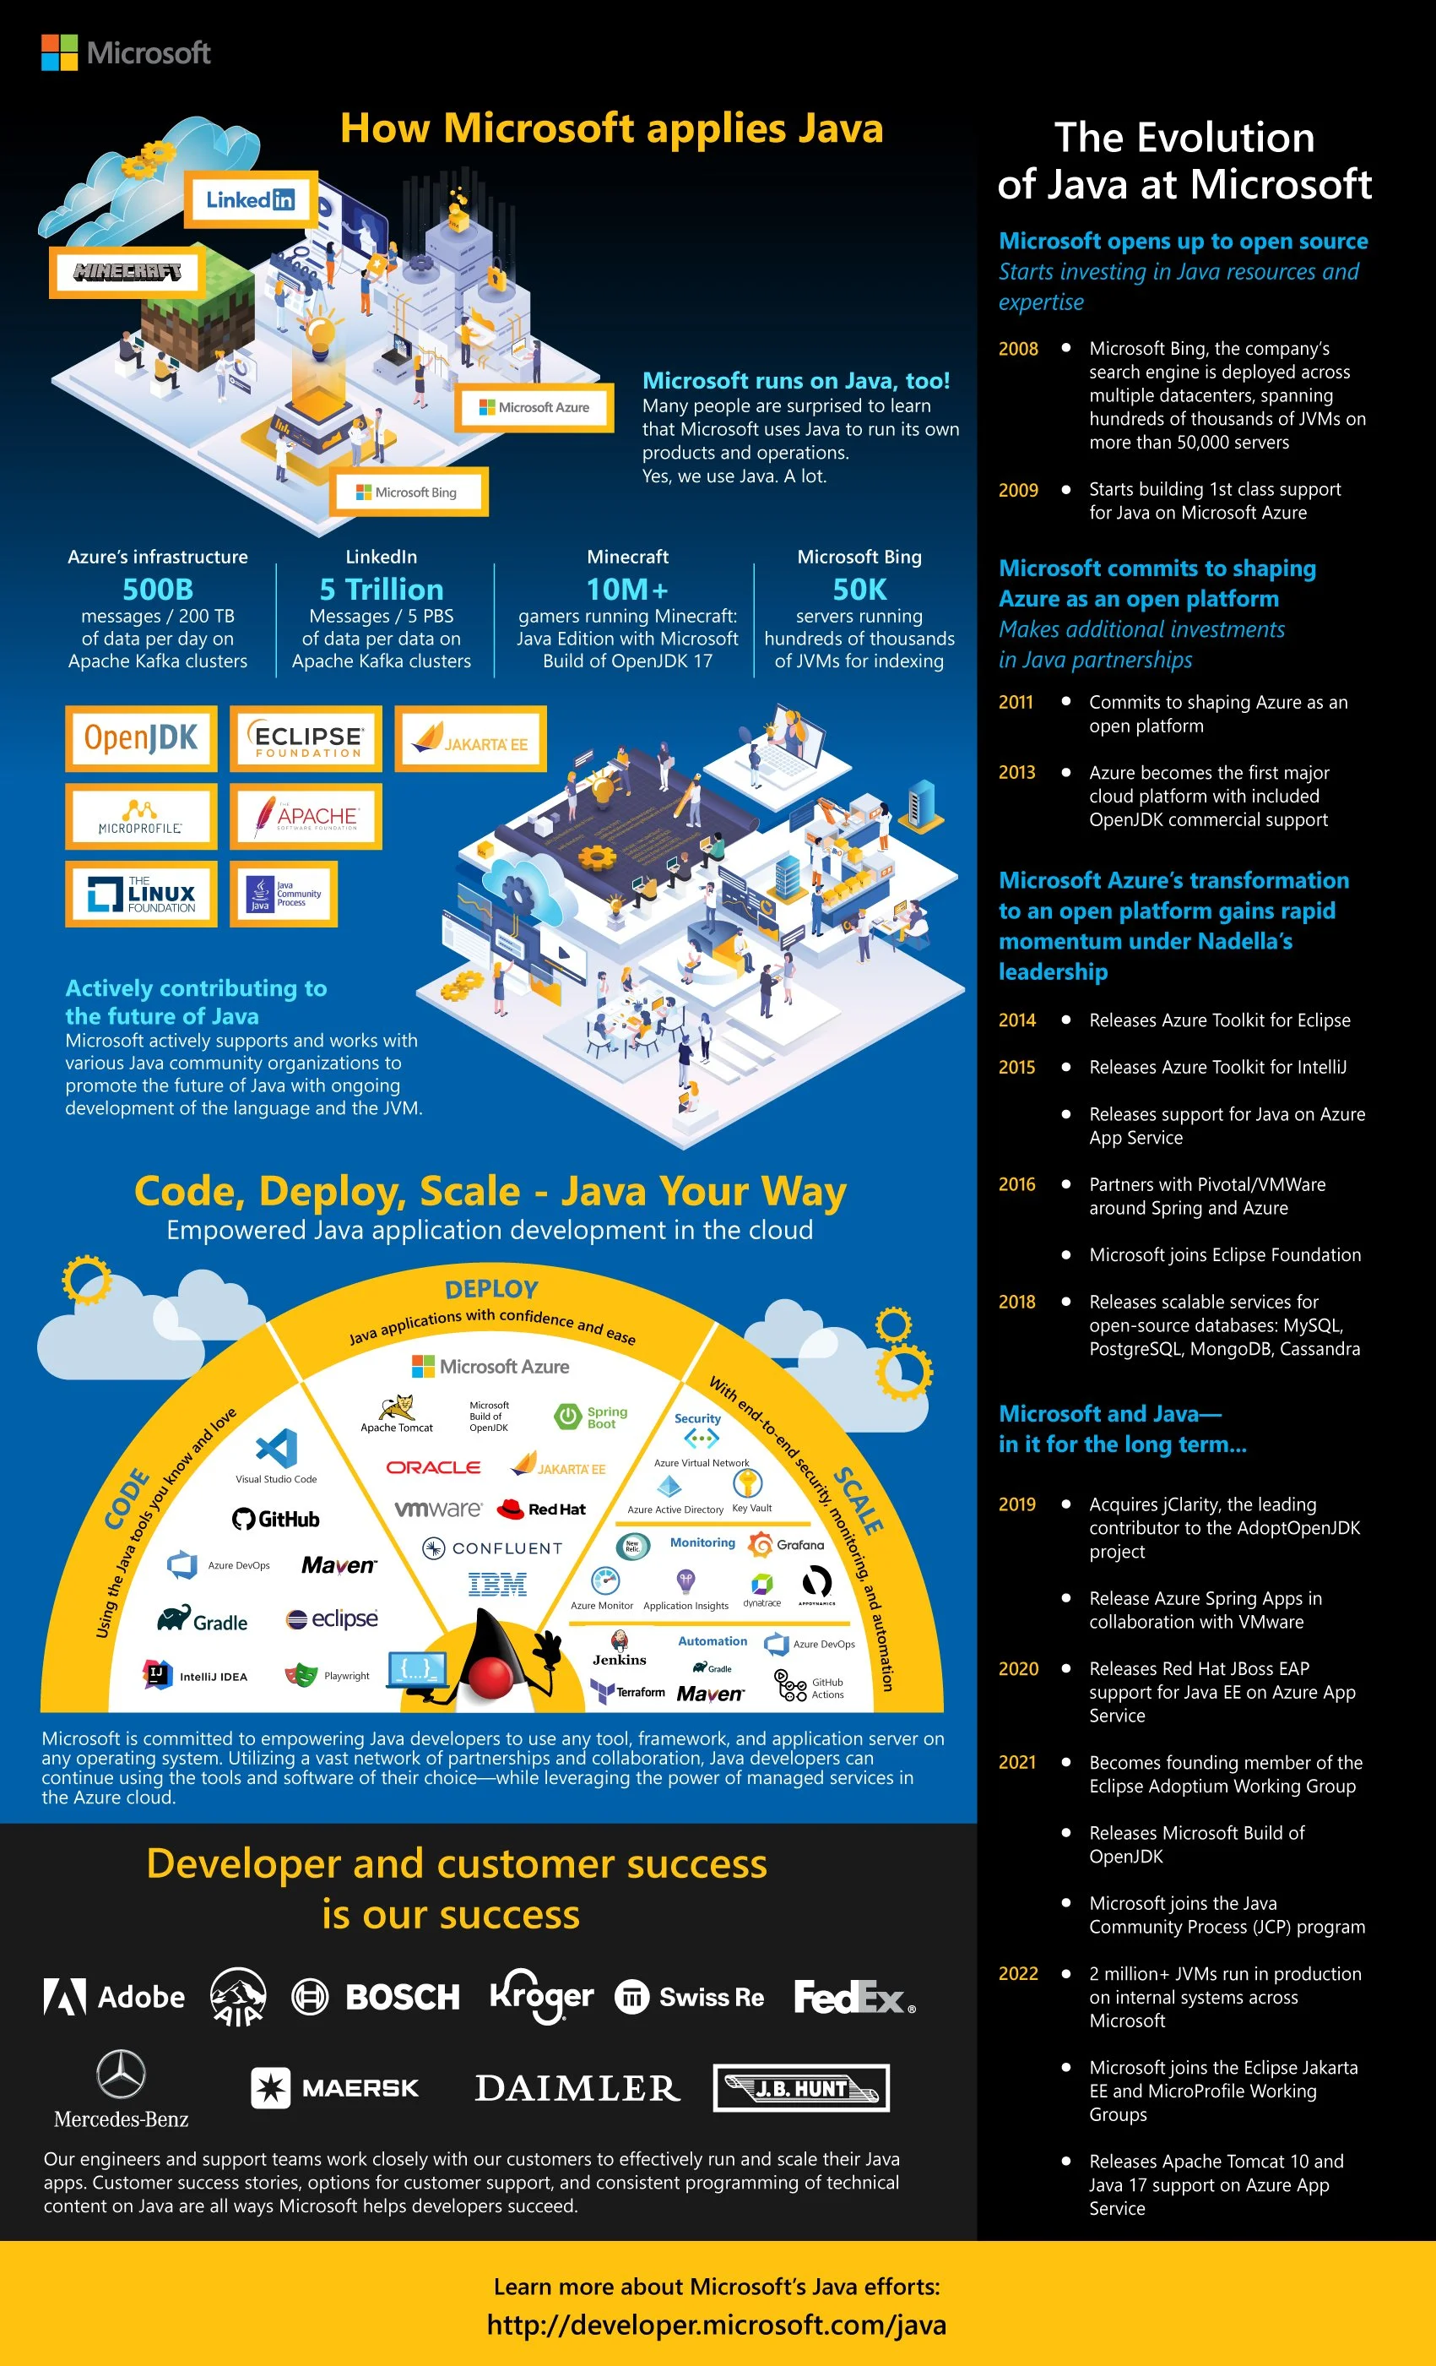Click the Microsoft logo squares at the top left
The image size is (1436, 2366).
[58, 53]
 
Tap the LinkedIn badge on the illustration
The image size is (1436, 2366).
[251, 199]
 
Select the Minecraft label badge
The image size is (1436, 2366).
[127, 272]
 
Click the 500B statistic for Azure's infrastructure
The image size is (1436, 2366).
[157, 589]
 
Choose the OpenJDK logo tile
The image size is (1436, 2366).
[141, 738]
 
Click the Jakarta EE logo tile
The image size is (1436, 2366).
[470, 738]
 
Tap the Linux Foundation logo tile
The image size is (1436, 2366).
[141, 893]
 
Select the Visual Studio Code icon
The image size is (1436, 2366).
[276, 1447]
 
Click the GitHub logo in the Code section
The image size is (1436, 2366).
[275, 1519]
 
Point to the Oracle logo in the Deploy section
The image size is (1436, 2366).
[433, 1467]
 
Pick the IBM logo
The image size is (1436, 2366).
[496, 1585]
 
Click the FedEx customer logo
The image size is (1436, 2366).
[853, 1997]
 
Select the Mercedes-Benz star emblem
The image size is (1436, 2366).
[121, 2074]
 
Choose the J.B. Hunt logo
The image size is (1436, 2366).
[800, 2087]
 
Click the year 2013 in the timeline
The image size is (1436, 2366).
[1016, 772]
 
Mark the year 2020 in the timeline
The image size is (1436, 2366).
[1017, 1669]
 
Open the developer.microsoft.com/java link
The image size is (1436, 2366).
[716, 2325]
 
